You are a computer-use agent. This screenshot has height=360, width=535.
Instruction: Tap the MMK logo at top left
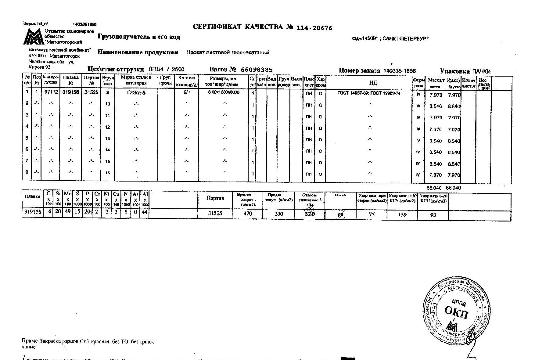[34, 37]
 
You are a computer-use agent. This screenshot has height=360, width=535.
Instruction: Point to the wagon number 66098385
[257, 70]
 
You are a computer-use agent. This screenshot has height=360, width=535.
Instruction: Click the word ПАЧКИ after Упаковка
[481, 71]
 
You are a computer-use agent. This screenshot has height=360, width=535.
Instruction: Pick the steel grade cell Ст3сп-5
[136, 92]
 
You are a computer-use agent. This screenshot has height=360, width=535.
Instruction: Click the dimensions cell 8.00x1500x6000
[224, 92]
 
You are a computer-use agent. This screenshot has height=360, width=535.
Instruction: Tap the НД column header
[372, 83]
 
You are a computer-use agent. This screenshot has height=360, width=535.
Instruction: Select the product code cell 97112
[51, 92]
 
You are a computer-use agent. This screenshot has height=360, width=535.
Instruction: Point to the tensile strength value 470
[248, 214]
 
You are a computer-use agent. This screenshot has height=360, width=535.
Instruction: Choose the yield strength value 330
[279, 214]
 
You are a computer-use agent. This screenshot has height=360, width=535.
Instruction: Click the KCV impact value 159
[402, 214]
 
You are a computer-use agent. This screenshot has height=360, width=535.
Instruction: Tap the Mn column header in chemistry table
[67, 194]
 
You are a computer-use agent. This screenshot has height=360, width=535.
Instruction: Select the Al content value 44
[145, 212]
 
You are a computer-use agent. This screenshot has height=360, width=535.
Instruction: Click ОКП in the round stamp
[456, 311]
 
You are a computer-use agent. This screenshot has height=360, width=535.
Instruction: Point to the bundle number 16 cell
[107, 173]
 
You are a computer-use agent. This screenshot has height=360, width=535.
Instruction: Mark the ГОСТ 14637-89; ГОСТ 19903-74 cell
[369, 93]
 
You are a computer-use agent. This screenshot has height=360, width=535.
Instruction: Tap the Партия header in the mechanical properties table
[215, 198]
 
